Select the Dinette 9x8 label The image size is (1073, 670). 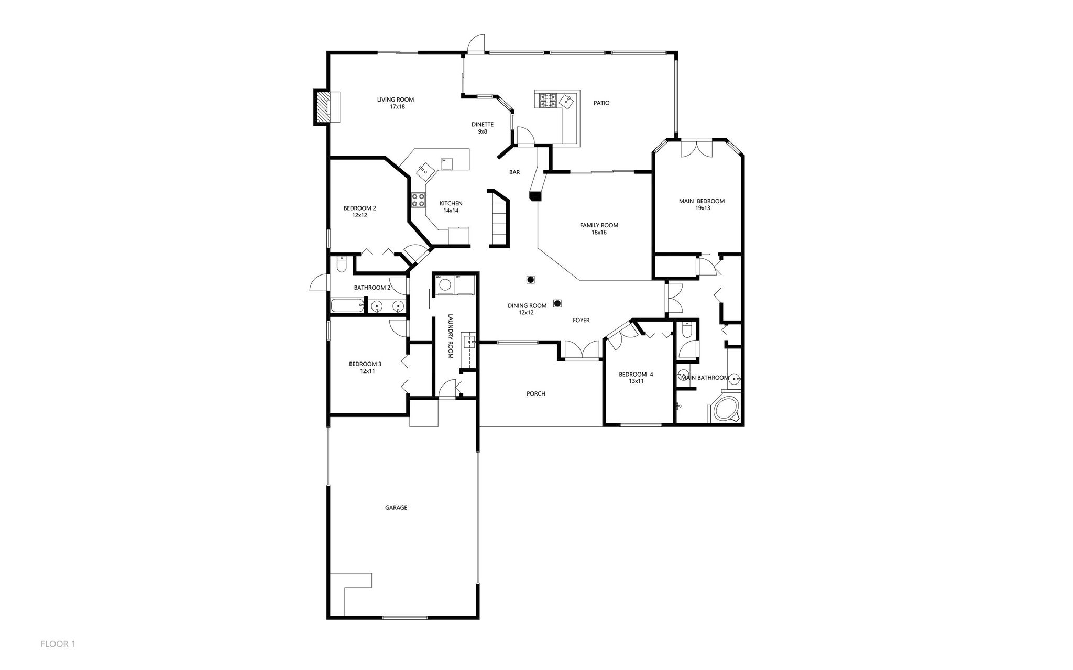(x=482, y=128)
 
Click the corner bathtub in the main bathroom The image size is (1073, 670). (x=726, y=409)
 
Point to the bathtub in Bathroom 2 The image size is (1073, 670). (x=346, y=305)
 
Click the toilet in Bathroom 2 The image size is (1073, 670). (x=341, y=265)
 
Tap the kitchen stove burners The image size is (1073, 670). (x=418, y=200)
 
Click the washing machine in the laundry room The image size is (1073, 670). (x=445, y=285)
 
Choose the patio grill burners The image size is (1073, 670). (x=547, y=100)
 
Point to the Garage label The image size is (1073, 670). (x=396, y=507)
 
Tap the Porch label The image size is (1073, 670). (x=536, y=393)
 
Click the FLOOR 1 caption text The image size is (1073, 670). (x=58, y=644)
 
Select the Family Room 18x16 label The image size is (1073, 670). (x=599, y=228)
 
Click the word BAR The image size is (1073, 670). (x=514, y=172)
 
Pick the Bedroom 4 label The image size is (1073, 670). (x=636, y=378)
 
